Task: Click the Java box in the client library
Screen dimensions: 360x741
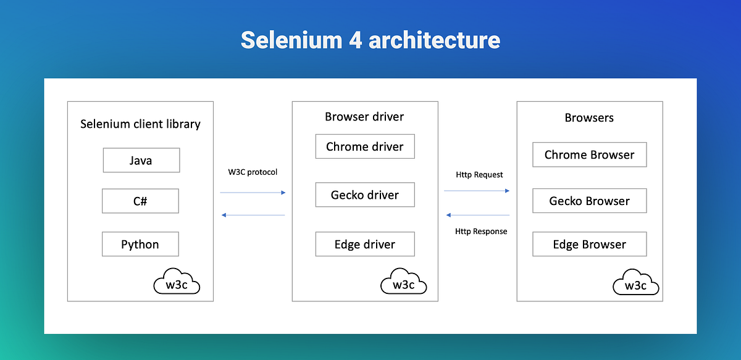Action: pyautogui.click(x=141, y=161)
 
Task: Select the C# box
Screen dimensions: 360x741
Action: pyautogui.click(x=140, y=201)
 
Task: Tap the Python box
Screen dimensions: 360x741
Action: pyautogui.click(x=140, y=244)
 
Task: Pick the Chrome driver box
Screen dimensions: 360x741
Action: pyautogui.click(x=364, y=147)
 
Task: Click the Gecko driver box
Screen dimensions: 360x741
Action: pyautogui.click(x=364, y=195)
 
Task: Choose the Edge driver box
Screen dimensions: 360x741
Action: pyautogui.click(x=364, y=244)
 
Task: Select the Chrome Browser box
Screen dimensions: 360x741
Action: pyautogui.click(x=589, y=155)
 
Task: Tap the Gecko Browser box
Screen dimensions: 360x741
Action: pyautogui.click(x=589, y=201)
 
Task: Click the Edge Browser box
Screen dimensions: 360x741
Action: pyautogui.click(x=589, y=245)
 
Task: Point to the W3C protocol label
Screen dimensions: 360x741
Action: pyautogui.click(x=253, y=172)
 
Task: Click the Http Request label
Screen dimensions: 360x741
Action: pyautogui.click(x=479, y=175)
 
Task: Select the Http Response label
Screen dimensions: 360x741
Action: pyautogui.click(x=481, y=232)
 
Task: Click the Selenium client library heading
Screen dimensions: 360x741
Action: pyautogui.click(x=140, y=124)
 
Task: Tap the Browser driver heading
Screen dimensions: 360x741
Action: pyautogui.click(x=364, y=117)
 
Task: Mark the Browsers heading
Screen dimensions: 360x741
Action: pyautogui.click(x=589, y=117)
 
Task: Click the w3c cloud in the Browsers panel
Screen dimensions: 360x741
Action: pyautogui.click(x=635, y=285)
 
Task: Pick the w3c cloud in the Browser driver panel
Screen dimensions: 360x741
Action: pyautogui.click(x=404, y=283)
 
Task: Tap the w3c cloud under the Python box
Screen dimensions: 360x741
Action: pyautogui.click(x=176, y=283)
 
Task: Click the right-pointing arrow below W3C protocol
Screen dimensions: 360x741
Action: pyautogui.click(x=253, y=193)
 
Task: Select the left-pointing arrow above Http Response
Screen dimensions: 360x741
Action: pyautogui.click(x=477, y=215)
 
